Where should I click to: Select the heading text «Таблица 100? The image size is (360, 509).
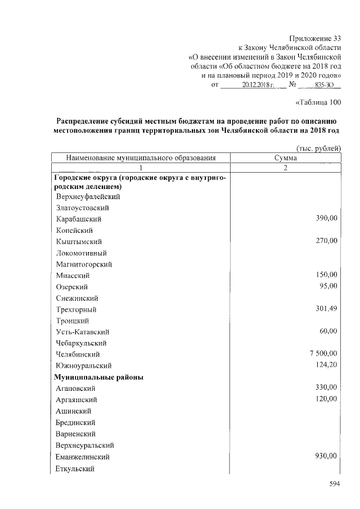pos(318,102)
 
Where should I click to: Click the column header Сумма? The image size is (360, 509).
pos(285,158)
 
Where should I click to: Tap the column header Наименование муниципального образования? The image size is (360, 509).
pos(141,158)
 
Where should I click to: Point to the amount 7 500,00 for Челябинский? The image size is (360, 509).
pos(322,353)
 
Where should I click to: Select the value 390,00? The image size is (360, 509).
pos(326,218)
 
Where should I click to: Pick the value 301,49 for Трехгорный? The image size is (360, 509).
pos(326,308)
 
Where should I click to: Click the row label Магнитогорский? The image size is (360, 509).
pos(84,264)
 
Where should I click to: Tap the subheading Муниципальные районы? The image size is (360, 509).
pos(98,377)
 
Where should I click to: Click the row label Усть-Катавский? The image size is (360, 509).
pos(82,332)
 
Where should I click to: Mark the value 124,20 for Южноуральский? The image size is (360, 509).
pos(326,365)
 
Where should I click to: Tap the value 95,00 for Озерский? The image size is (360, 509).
pos(328,286)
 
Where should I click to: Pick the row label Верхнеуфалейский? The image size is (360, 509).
pos(88,197)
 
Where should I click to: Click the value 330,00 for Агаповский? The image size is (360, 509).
pos(326,388)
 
